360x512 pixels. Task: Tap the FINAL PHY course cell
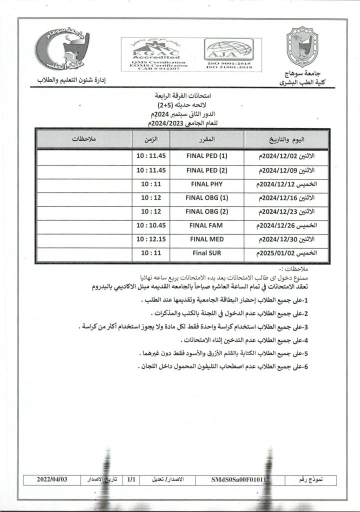pos(206,183)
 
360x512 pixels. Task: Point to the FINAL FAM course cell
pos(206,225)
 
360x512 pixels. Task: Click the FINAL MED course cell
pos(206,239)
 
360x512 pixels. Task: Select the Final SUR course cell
pos(206,253)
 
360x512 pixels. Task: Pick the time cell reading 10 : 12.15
pos(150,239)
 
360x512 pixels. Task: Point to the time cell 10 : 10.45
pos(150,225)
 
